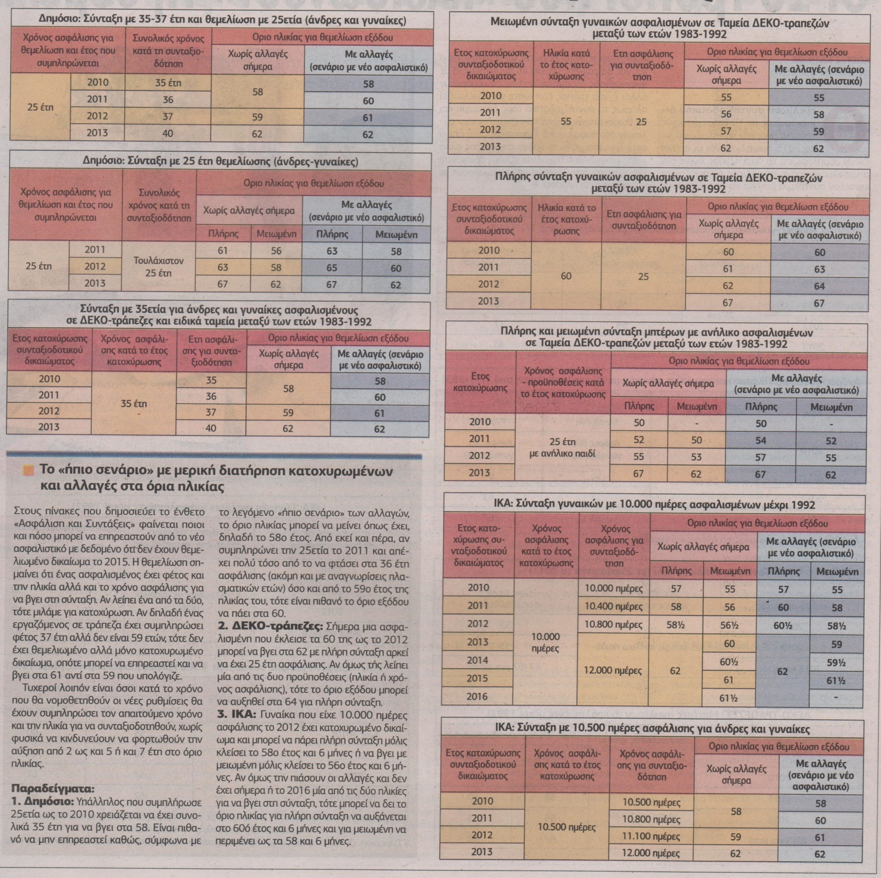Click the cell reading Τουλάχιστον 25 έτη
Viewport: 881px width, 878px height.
pyautogui.click(x=158, y=267)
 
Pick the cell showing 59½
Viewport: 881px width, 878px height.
pyautogui.click(x=836, y=662)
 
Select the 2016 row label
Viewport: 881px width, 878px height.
pyautogui.click(x=477, y=696)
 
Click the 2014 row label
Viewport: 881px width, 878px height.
pyautogui.click(x=477, y=660)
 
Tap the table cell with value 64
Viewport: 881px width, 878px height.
pyautogui.click(x=819, y=286)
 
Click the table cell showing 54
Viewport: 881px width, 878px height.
pyautogui.click(x=760, y=441)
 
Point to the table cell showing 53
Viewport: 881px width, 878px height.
pyautogui.click(x=696, y=457)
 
